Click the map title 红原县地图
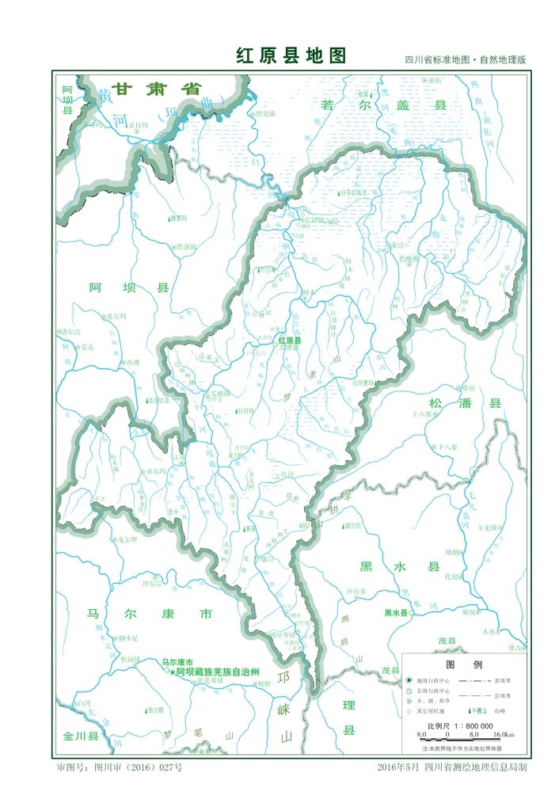[291, 55]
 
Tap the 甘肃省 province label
[156, 89]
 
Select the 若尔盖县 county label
[384, 105]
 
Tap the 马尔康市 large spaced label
[150, 614]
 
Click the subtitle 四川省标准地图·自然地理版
[466, 60]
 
